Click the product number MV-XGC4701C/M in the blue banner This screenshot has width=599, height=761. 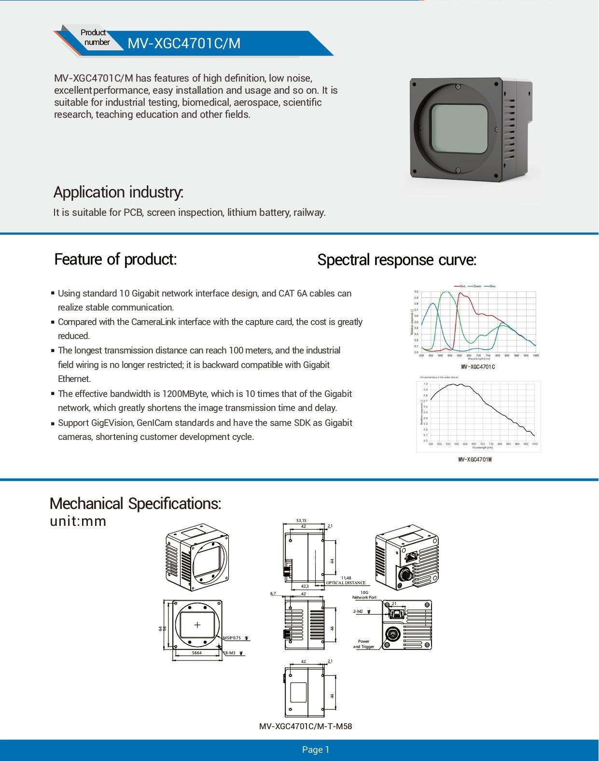183,43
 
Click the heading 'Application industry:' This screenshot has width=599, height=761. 118,192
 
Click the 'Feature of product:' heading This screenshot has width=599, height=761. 115,259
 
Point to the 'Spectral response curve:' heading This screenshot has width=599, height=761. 397,260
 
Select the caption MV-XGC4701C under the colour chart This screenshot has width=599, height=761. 478,367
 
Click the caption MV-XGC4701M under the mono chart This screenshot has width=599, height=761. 475,460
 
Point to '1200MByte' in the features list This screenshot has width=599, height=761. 181,394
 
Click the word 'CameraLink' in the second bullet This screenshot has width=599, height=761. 153,322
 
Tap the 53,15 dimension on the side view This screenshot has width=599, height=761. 301,521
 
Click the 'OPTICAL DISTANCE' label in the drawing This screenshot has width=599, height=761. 346,583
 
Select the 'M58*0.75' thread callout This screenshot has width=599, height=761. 232,638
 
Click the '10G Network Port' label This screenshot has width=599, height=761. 364,595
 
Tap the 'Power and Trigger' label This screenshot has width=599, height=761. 363,644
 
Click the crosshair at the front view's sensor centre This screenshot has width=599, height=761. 197,625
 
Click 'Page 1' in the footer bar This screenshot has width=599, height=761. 315,750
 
